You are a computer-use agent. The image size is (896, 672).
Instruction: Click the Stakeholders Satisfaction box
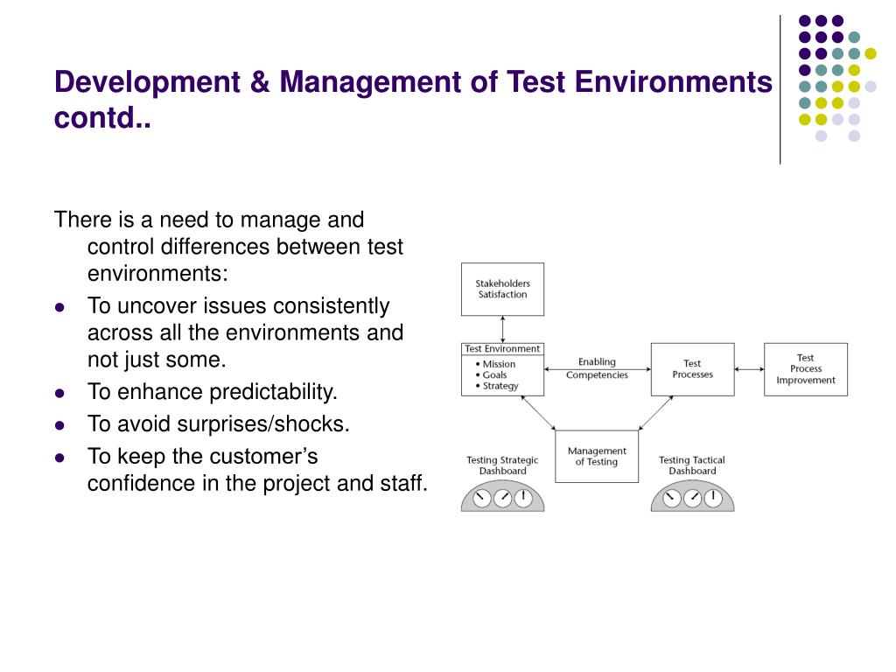tap(502, 289)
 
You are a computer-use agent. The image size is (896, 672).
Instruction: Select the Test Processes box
tap(692, 369)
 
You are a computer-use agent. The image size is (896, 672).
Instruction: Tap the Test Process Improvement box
tap(805, 369)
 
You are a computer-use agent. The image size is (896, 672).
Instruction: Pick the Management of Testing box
tap(597, 457)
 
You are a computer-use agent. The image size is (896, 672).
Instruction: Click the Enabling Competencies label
tap(597, 368)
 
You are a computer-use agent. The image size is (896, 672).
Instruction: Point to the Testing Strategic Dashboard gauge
tap(502, 497)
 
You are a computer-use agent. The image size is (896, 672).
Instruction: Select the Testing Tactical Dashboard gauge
tap(692, 497)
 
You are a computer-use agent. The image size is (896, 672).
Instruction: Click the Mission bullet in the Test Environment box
tap(498, 364)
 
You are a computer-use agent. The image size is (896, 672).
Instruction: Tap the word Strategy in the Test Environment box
tap(500, 386)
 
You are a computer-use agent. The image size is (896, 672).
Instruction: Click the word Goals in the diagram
tap(494, 374)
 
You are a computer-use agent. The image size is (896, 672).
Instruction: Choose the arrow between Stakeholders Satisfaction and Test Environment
tap(502, 329)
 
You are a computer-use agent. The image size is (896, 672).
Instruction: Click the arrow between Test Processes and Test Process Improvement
tap(749, 369)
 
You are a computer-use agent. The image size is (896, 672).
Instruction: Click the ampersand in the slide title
tap(260, 82)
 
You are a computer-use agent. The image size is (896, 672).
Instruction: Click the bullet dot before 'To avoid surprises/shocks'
tap(59, 425)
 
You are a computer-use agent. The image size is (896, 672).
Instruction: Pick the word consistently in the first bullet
tap(332, 306)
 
